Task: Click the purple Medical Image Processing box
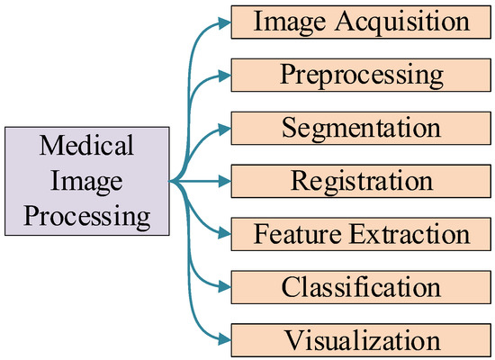(87, 181)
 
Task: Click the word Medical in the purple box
(87, 144)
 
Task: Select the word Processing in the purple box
(87, 217)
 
